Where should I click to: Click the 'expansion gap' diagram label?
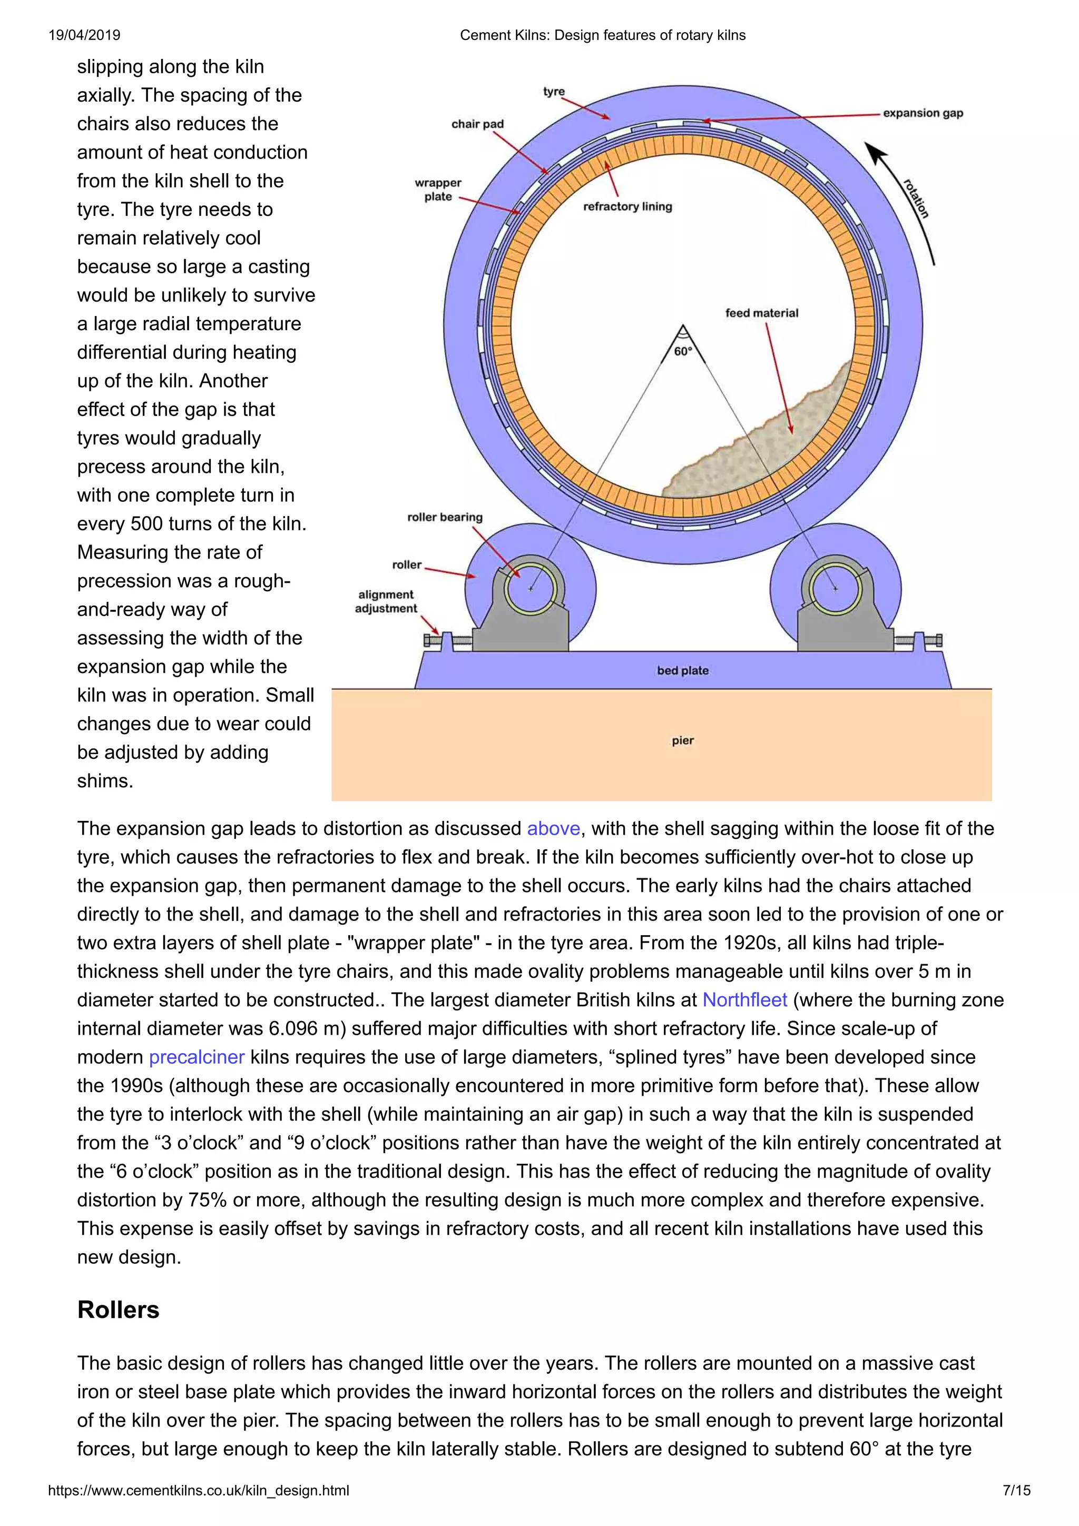(x=922, y=113)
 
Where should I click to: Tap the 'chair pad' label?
(x=477, y=124)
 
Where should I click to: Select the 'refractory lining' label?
(x=627, y=207)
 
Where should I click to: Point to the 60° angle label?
(x=683, y=351)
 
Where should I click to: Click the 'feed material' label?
(x=761, y=313)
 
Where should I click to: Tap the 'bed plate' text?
(x=683, y=671)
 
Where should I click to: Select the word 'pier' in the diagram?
(x=683, y=740)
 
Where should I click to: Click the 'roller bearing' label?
(x=445, y=517)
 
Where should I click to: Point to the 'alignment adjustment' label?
(x=386, y=601)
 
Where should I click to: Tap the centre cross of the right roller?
(x=836, y=589)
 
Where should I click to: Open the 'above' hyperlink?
(x=553, y=829)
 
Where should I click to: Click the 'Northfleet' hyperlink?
(x=744, y=1000)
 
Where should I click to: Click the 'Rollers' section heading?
(x=119, y=1310)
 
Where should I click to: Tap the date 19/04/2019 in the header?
(x=84, y=35)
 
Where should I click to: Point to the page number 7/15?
(x=1016, y=1491)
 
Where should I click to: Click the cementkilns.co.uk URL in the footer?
(x=198, y=1491)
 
